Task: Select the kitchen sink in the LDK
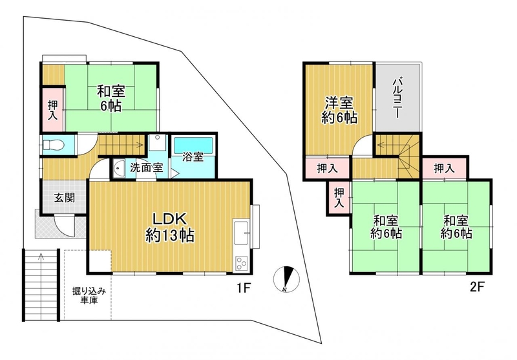[242, 233]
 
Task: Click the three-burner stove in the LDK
[242, 264]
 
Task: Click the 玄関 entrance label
[65, 198]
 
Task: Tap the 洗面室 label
[147, 168]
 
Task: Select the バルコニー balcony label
[397, 98]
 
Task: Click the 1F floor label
[244, 288]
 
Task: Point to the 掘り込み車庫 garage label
[89, 296]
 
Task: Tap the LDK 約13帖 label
[170, 227]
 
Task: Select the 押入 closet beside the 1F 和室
[53, 109]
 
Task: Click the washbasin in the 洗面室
[118, 169]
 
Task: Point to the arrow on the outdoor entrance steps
[41, 257]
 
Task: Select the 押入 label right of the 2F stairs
[444, 169]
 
